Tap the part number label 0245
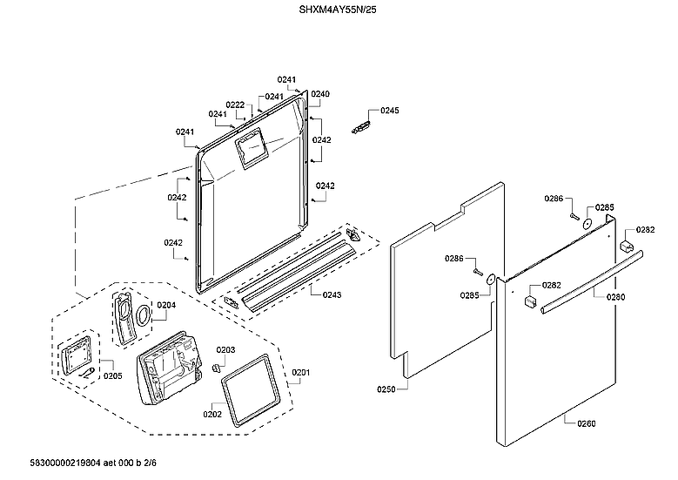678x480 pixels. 389,111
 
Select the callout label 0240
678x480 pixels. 320,93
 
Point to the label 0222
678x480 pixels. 235,105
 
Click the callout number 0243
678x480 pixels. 332,295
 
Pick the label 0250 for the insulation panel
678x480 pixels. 386,389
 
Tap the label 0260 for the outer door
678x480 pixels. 587,424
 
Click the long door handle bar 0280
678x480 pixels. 592,281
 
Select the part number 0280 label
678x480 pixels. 616,297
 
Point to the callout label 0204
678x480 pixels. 166,305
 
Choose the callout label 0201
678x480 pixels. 300,373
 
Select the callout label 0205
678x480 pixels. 112,375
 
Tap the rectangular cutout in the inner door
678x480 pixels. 253,148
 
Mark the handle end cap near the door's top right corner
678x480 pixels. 625,247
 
